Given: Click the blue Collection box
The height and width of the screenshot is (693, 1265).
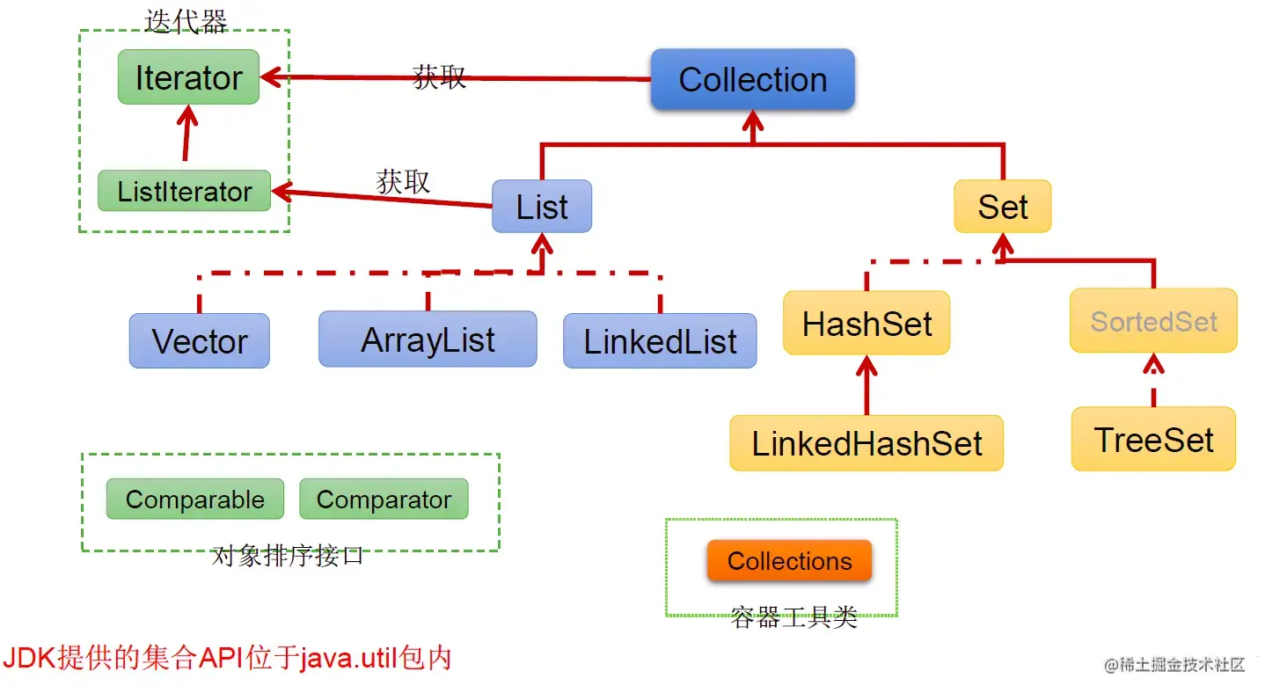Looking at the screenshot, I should click(752, 79).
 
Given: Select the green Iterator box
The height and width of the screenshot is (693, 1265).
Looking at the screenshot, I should click(188, 77).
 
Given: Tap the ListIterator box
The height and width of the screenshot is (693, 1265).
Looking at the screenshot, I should click(184, 191).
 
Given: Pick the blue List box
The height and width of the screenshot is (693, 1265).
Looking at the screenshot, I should click(542, 207).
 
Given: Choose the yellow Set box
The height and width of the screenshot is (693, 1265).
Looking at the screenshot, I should click(1002, 207).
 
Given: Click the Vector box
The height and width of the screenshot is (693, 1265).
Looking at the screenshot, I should click(200, 340).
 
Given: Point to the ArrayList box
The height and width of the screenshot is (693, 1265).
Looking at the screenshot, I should click(428, 339).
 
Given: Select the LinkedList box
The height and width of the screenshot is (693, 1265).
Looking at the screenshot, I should click(660, 340).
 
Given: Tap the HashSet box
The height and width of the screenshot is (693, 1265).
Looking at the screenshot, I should click(866, 323).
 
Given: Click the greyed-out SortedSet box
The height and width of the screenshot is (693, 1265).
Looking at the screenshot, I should click(1153, 321).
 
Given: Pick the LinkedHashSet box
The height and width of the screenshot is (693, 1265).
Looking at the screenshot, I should click(866, 442).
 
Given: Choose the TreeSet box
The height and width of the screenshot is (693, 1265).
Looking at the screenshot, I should click(1153, 439).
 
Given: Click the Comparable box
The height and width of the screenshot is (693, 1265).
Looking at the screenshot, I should click(194, 500).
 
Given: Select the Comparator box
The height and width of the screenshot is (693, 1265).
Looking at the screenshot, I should click(384, 500).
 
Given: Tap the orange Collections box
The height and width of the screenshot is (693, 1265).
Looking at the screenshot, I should click(789, 561).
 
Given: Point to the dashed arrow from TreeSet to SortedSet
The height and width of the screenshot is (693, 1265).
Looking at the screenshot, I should click(1153, 380).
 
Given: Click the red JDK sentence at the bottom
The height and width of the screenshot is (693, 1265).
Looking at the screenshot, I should click(227, 658).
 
